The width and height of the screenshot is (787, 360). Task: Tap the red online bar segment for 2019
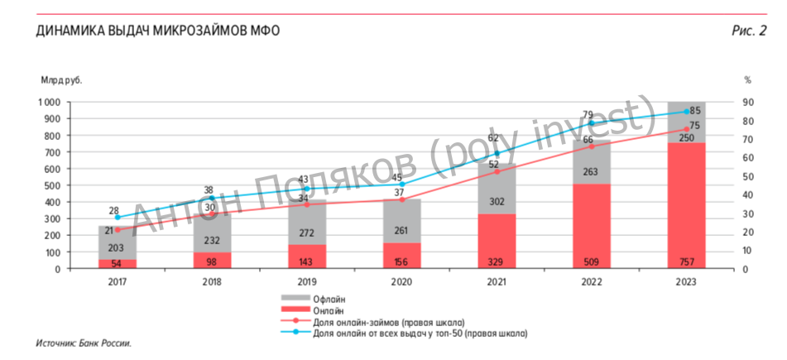point(307,257)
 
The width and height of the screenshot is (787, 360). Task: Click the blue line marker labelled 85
point(686,112)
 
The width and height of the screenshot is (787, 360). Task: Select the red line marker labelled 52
point(497,172)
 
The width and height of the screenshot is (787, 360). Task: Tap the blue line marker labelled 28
point(118,217)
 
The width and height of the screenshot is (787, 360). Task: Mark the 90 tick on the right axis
point(746,102)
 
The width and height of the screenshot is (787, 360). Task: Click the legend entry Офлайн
point(328,299)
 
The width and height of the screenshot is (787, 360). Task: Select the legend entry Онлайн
point(328,310)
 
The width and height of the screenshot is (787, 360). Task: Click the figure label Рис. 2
point(749,31)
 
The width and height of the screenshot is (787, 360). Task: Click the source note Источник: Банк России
point(84,343)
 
